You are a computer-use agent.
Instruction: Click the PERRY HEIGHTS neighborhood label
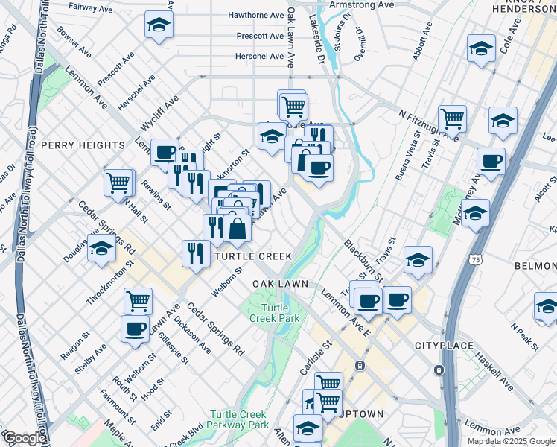tap(83, 145)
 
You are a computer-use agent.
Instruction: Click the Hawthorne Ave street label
tap(256, 15)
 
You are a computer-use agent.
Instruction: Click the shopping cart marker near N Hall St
tap(118, 182)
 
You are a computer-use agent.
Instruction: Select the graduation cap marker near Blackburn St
tap(418, 260)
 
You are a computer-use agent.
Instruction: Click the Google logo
tap(25, 438)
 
